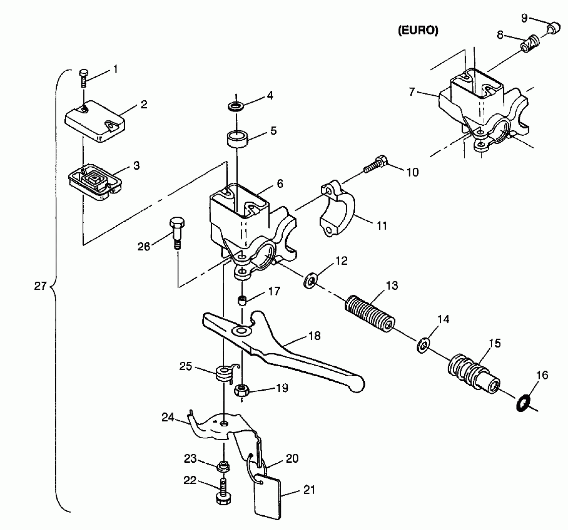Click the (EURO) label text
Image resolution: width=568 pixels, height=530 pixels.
click(418, 31)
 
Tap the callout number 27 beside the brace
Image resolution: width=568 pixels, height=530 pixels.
click(40, 286)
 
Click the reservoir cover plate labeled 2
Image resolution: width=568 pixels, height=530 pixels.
click(95, 121)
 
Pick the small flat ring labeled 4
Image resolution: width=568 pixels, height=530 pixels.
click(236, 106)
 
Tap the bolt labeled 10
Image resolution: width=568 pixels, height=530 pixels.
click(376, 164)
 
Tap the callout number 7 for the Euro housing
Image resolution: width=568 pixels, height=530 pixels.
click(412, 92)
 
